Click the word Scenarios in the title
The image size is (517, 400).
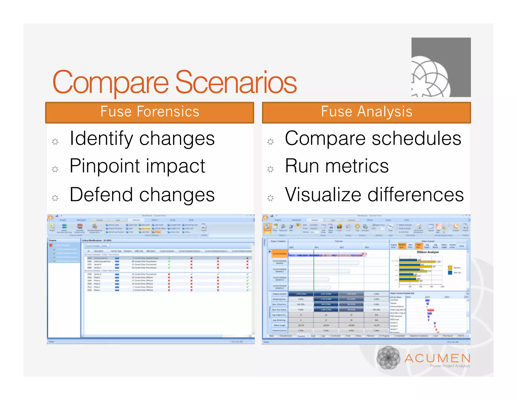pos(236,82)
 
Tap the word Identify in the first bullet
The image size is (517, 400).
pos(101,139)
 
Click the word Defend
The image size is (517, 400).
pos(101,195)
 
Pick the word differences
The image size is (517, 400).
pos(416,195)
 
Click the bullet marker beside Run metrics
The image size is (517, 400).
pos(270,169)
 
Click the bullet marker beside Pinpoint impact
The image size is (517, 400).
pos(55,169)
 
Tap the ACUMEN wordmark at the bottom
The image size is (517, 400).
pos(437,358)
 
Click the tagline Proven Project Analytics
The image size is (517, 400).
pos(450,366)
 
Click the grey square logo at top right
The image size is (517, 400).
pos(441,67)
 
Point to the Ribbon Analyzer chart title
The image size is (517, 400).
pos(428,252)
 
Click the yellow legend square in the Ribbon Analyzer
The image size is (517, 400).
pos(450,268)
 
